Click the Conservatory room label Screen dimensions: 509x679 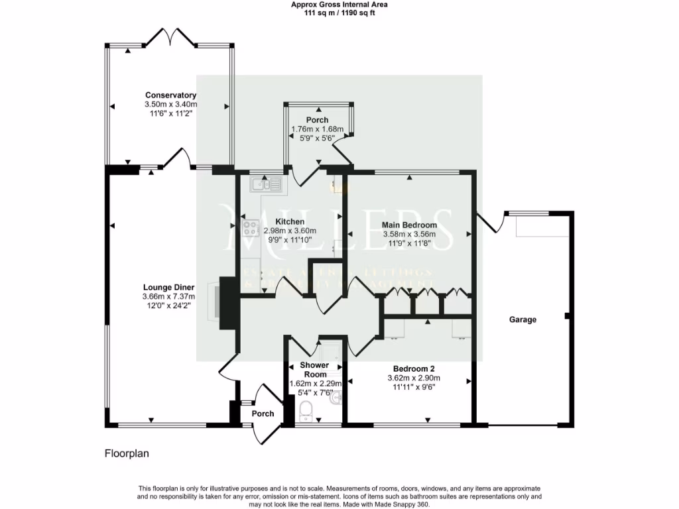point(170,95)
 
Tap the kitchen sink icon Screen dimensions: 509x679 point(267,183)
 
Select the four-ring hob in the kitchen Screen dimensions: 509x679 point(251,228)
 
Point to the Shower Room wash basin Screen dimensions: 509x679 point(338,398)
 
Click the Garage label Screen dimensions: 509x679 point(523,319)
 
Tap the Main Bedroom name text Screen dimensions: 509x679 point(409,225)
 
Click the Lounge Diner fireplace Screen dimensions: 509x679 point(216,302)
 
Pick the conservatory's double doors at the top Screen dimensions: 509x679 point(170,36)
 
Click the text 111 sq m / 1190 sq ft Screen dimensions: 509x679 point(339,12)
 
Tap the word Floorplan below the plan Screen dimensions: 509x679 point(127,454)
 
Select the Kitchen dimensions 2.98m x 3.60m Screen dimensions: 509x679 point(290,231)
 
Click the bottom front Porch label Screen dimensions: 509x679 point(263,414)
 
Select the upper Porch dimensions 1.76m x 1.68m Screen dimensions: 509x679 point(317,129)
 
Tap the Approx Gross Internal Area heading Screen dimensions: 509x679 point(339,4)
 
